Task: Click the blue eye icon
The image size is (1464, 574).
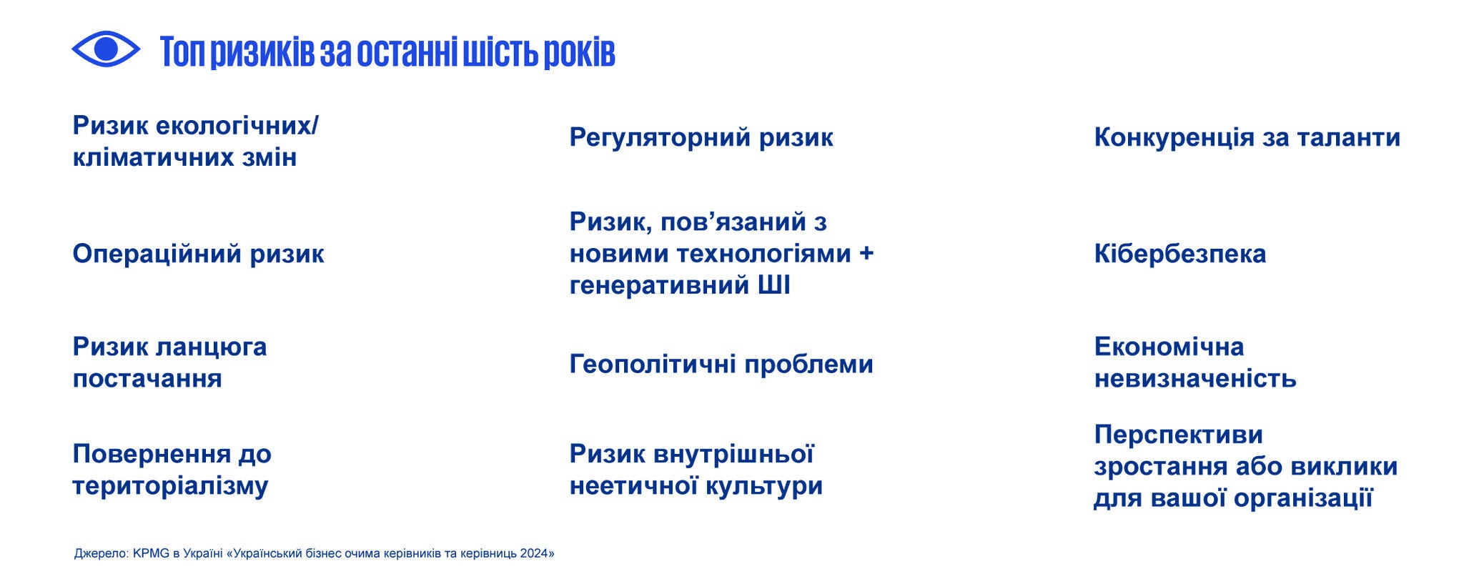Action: (x=106, y=49)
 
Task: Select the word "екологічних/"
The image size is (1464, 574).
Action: (x=237, y=126)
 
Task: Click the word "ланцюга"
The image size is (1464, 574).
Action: (x=211, y=347)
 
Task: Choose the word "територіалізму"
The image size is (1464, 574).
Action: (x=170, y=486)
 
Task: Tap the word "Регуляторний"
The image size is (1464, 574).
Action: (x=660, y=138)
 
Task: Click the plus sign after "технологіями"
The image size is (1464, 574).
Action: (x=866, y=254)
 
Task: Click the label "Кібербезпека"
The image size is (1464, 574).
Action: (x=1180, y=254)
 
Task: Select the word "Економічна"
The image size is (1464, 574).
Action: (x=1169, y=347)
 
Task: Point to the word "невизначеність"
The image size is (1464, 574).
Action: (x=1195, y=378)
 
